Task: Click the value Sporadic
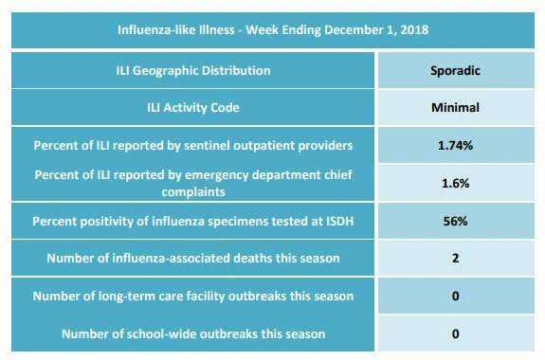pos(455,71)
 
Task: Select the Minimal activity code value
pos(455,107)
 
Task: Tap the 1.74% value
pos(455,145)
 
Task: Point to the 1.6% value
pos(455,183)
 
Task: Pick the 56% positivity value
pos(455,221)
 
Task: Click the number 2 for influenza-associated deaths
pos(455,259)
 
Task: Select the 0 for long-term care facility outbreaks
pos(455,296)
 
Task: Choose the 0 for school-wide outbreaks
pos(455,333)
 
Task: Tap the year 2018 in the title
pos(414,30)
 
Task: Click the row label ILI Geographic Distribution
pos(193,71)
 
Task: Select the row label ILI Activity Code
pos(193,107)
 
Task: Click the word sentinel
pos(207,145)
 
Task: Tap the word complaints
pos(193,191)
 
